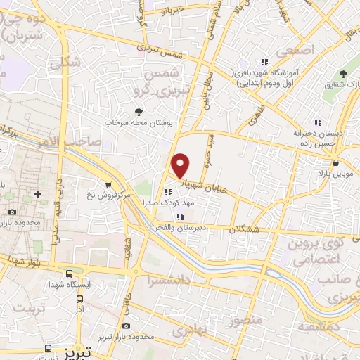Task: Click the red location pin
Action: coord(181,165)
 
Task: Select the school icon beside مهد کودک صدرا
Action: coord(167,191)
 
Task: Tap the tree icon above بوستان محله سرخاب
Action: coord(138,111)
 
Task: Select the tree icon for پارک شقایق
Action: coord(343,74)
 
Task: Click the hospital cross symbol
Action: coord(37,193)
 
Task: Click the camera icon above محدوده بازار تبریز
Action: coord(126,326)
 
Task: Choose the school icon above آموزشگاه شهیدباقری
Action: coord(264,62)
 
